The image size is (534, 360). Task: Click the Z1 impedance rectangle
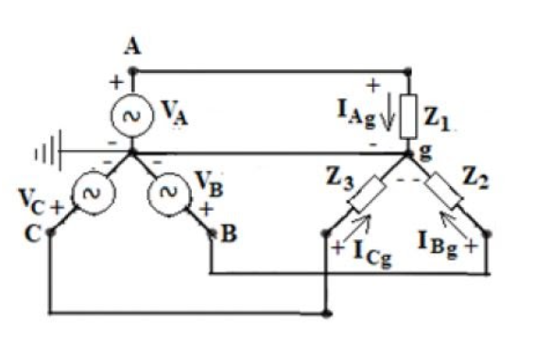tap(408, 114)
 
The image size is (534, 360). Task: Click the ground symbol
tap(53, 150)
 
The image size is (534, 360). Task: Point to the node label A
tap(131, 50)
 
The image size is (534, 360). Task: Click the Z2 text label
tap(481, 176)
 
